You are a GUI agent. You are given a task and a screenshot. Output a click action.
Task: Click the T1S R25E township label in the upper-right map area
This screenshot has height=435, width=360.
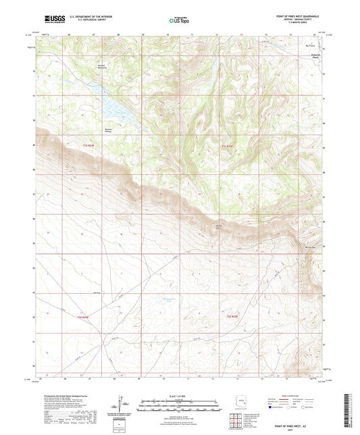tap(230, 145)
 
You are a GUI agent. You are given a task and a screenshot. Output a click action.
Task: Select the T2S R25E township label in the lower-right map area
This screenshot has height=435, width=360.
tap(232, 317)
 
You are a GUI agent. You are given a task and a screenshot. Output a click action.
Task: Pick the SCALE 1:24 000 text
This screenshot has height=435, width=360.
tap(180, 396)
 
